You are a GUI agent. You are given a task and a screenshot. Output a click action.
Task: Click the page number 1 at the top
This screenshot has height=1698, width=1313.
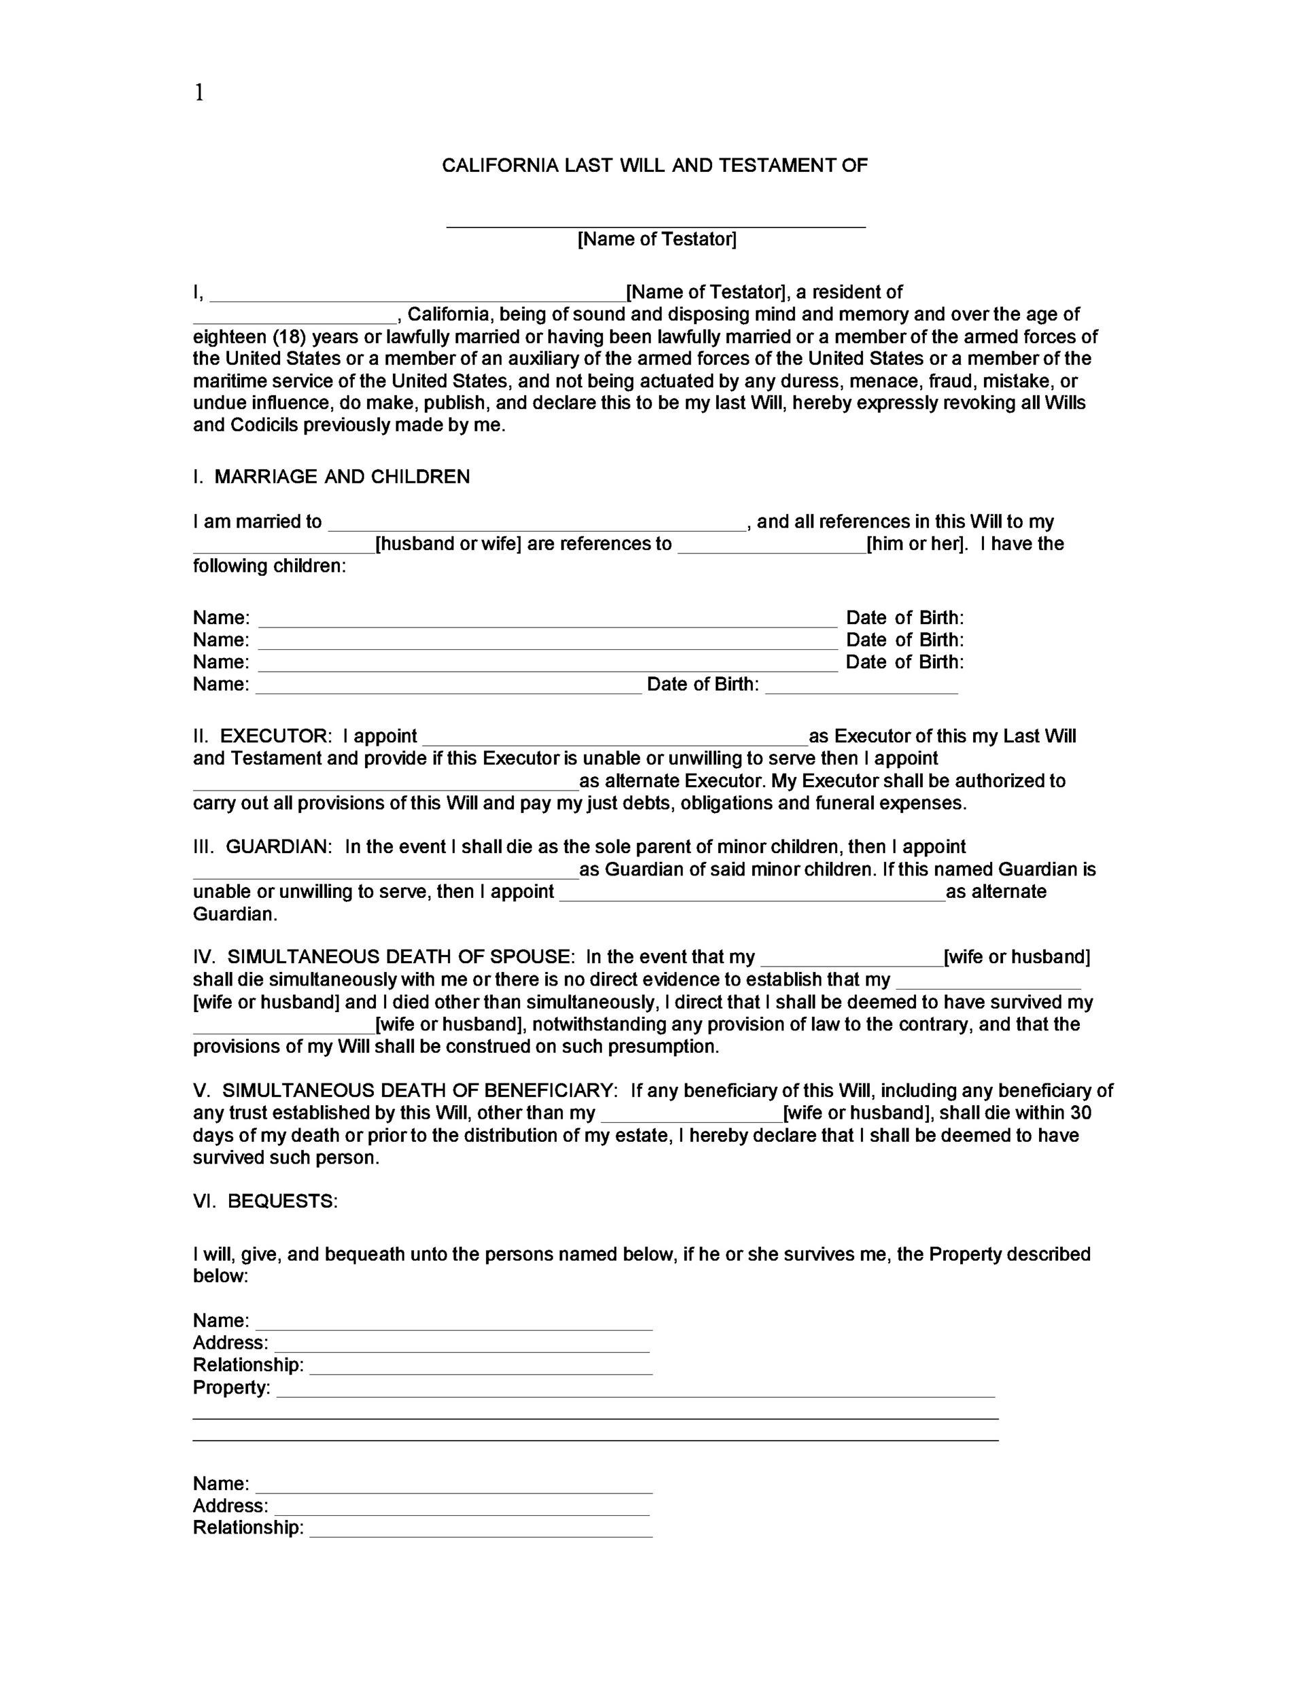click(x=199, y=93)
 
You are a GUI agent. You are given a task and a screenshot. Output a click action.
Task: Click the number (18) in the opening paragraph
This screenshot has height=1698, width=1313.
click(x=287, y=337)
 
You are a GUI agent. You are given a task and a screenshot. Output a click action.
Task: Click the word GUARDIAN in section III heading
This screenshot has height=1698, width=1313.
click(x=279, y=847)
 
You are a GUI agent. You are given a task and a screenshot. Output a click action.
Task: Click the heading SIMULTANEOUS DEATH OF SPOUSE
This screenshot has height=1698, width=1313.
click(x=400, y=957)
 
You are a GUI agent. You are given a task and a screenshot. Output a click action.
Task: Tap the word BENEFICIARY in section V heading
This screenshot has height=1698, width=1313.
click(x=550, y=1091)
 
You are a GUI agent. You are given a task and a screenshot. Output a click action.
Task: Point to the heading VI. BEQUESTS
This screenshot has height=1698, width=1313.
click(x=265, y=1202)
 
